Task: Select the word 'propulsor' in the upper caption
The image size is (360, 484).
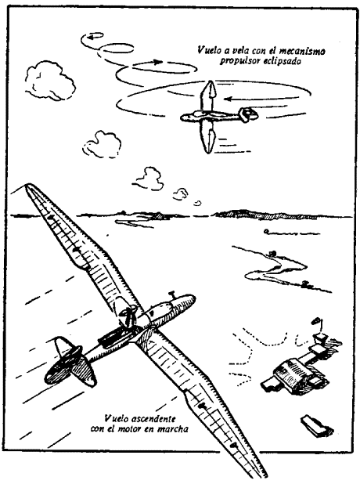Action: coord(236,61)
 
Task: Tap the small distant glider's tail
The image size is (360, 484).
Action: coord(248,114)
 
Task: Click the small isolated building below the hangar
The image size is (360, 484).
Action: coord(316,427)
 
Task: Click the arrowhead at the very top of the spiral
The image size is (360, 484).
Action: coord(91,37)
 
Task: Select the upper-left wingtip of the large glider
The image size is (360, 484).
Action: coord(28,186)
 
